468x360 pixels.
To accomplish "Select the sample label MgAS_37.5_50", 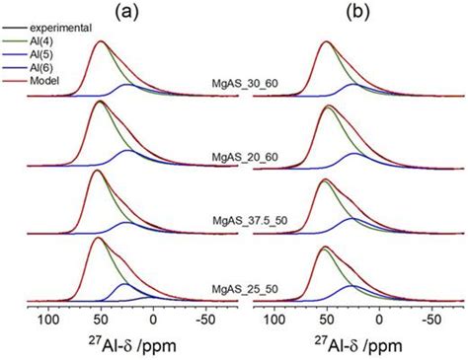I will pyautogui.click(x=239, y=223).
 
